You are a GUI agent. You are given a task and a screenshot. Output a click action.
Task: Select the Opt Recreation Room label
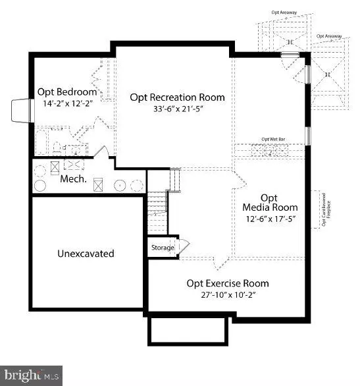point(177,97)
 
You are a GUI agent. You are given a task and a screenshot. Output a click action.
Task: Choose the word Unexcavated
point(86,253)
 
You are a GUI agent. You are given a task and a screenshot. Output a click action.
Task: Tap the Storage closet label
point(162,248)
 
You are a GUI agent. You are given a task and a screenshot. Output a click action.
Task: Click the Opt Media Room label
point(269,203)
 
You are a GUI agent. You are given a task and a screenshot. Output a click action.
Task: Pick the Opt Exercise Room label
point(228,283)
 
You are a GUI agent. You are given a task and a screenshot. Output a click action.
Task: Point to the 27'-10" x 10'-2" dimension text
point(228,296)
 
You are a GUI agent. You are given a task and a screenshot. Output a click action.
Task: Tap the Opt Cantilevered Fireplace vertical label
point(325,209)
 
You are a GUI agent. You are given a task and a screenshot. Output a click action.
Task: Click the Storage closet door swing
point(184,246)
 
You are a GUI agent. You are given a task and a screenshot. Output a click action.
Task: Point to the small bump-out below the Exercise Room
point(188,329)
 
